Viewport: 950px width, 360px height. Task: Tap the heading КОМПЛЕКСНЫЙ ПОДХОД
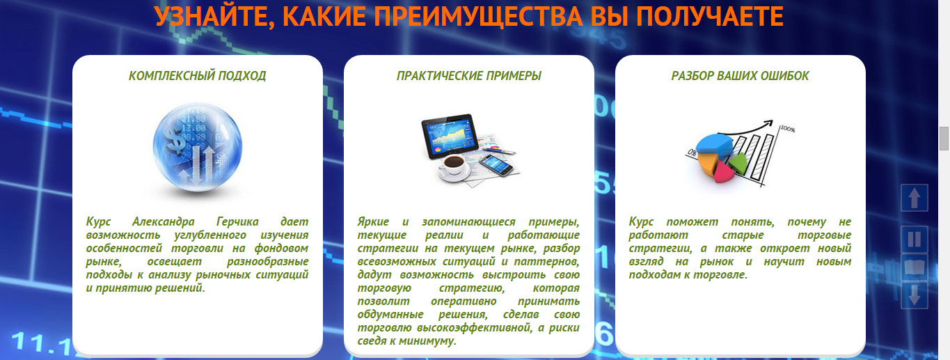pos(197,76)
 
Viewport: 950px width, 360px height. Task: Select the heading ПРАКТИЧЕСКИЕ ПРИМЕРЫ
pos(468,76)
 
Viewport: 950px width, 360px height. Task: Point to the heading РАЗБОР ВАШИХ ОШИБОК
pos(740,76)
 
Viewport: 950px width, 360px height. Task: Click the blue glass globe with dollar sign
pos(197,146)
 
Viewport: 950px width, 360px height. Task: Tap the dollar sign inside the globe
pos(175,139)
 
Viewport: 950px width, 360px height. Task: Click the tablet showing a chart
pos(450,136)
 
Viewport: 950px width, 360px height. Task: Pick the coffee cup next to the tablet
pos(454,168)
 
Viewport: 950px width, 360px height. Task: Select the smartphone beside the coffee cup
pos(496,165)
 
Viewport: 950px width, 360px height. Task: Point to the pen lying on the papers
pos(500,150)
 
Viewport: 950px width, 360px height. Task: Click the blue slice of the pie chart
pos(713,144)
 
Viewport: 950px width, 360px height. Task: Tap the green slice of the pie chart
pos(738,162)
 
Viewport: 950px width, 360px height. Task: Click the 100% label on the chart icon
pos(788,129)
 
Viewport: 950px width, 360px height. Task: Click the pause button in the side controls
pos(914,239)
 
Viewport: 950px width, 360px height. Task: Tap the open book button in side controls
pos(914,267)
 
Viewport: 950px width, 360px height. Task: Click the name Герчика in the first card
pos(237,221)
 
